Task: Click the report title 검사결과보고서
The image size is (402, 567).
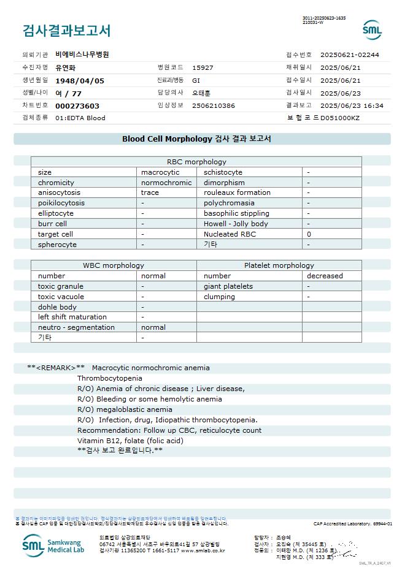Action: tap(66, 30)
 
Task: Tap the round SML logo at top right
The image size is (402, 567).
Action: tap(372, 30)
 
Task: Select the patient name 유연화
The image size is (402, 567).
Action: tap(66, 67)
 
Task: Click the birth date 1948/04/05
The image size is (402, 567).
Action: tap(80, 80)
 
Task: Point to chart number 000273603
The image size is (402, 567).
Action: tap(77, 105)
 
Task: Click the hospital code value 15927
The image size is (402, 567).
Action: tap(203, 67)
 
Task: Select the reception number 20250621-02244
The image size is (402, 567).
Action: tap(349, 55)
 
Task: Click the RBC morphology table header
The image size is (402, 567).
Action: tap(196, 162)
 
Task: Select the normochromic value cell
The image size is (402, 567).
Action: tap(166, 183)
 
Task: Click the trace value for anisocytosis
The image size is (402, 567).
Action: tap(150, 192)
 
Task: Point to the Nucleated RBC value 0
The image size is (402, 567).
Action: tap(309, 234)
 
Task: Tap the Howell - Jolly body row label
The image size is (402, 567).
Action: tap(236, 224)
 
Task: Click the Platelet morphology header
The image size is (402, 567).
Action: tap(279, 265)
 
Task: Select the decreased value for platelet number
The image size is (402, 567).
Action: tap(325, 276)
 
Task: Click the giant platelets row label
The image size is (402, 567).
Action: tap(228, 286)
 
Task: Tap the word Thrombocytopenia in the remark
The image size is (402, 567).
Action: tap(109, 378)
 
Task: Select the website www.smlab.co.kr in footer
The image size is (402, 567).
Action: tap(203, 550)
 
